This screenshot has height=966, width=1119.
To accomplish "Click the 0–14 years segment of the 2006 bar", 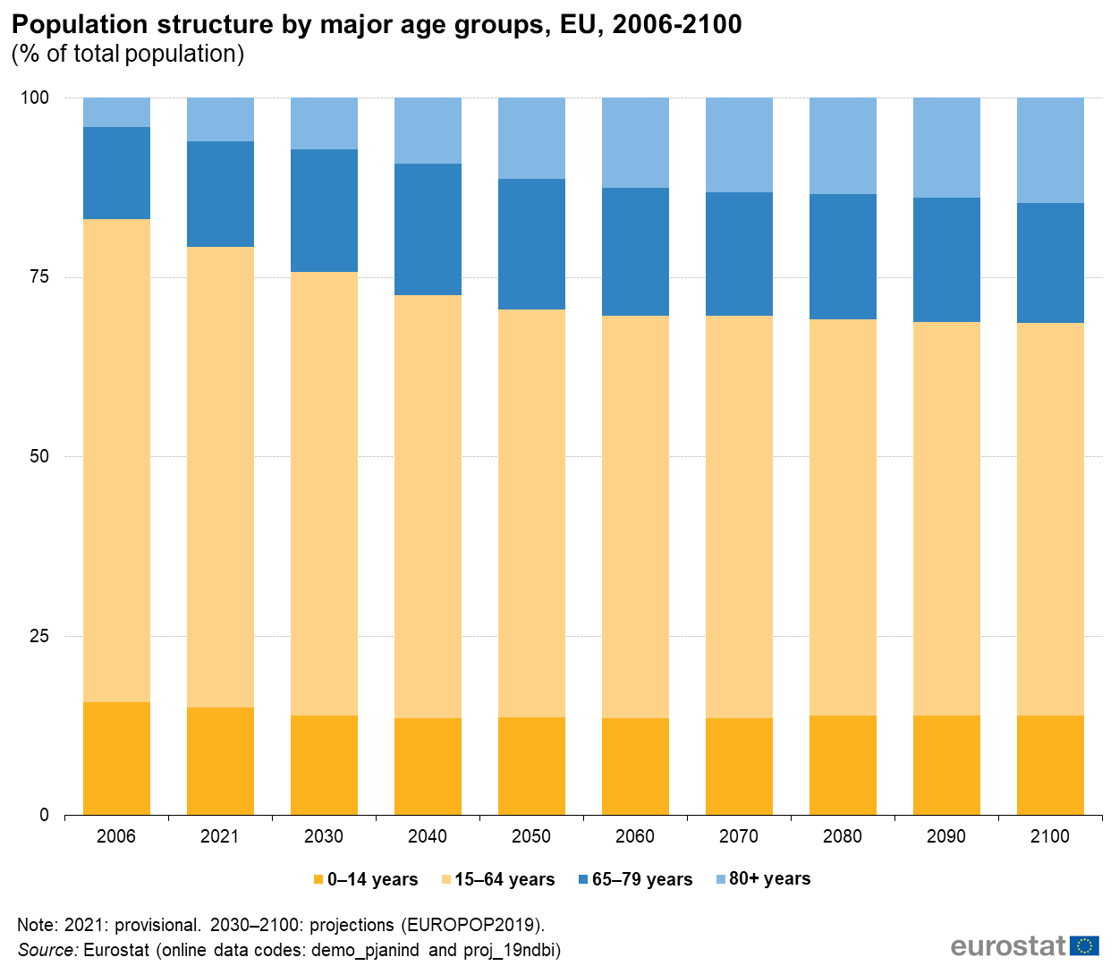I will point(116,758).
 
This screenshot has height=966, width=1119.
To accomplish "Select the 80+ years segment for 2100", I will point(1050,150).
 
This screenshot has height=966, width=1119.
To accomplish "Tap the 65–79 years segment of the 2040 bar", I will point(428,229).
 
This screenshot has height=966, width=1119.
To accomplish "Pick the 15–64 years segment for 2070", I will point(739,517).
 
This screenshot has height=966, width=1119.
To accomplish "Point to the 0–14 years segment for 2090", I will point(946,765).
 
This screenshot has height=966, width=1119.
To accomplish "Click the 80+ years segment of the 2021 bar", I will point(220,119).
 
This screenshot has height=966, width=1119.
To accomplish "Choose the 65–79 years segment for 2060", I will point(635,251).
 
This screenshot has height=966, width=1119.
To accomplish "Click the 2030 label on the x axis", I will point(324,836).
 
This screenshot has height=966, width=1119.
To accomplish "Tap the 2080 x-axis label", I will point(843,836).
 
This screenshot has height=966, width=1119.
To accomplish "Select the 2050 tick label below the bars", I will point(531,836).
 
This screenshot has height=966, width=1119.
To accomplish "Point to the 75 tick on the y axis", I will point(38,276).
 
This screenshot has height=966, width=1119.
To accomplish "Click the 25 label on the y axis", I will point(38,636).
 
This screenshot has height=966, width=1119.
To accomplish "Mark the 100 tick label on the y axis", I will point(35,97).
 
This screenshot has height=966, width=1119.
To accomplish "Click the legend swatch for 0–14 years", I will point(318,880).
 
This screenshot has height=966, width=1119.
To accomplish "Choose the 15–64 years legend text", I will point(504,880).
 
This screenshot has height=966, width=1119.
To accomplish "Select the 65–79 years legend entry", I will point(641,880).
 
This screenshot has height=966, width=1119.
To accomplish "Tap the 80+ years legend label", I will point(769,879).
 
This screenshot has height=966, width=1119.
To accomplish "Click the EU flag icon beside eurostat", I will point(1085,945).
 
